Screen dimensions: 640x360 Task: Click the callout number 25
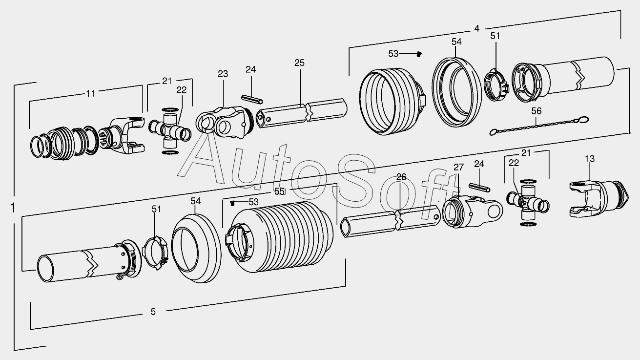tap(299, 63)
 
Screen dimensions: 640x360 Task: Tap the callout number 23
tap(223, 74)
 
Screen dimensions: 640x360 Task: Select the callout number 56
tap(537, 111)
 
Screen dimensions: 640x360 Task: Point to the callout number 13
tap(590, 159)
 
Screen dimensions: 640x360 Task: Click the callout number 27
tap(458, 167)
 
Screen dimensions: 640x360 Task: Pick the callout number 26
tap(401, 177)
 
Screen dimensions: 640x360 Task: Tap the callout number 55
tap(279, 191)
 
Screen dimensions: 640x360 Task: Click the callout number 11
tap(91, 93)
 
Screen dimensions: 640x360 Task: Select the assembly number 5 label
tap(153, 312)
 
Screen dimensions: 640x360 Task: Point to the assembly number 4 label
tap(476, 28)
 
